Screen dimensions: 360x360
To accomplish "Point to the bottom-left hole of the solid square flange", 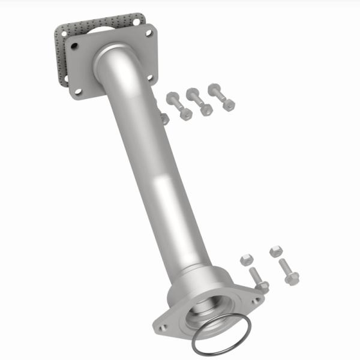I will [x=79, y=92].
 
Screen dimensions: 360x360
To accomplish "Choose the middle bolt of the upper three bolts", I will [x=199, y=102].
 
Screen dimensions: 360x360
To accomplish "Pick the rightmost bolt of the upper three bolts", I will [x=221, y=97].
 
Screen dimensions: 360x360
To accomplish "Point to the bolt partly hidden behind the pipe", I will [x=164, y=118].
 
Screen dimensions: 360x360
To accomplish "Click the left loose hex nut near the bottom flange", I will [x=245, y=260].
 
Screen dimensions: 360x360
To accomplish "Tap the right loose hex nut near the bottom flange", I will [x=275, y=251].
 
